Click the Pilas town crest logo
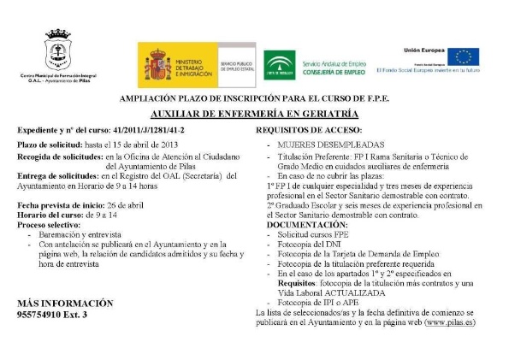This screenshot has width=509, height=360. pos(58,51)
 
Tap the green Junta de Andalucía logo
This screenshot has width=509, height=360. pos(279,65)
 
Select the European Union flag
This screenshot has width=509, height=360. pos(463,56)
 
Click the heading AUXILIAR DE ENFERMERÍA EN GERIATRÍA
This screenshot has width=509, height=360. pos(254,113)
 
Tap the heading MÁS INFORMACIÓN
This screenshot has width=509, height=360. pos(65,304)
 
